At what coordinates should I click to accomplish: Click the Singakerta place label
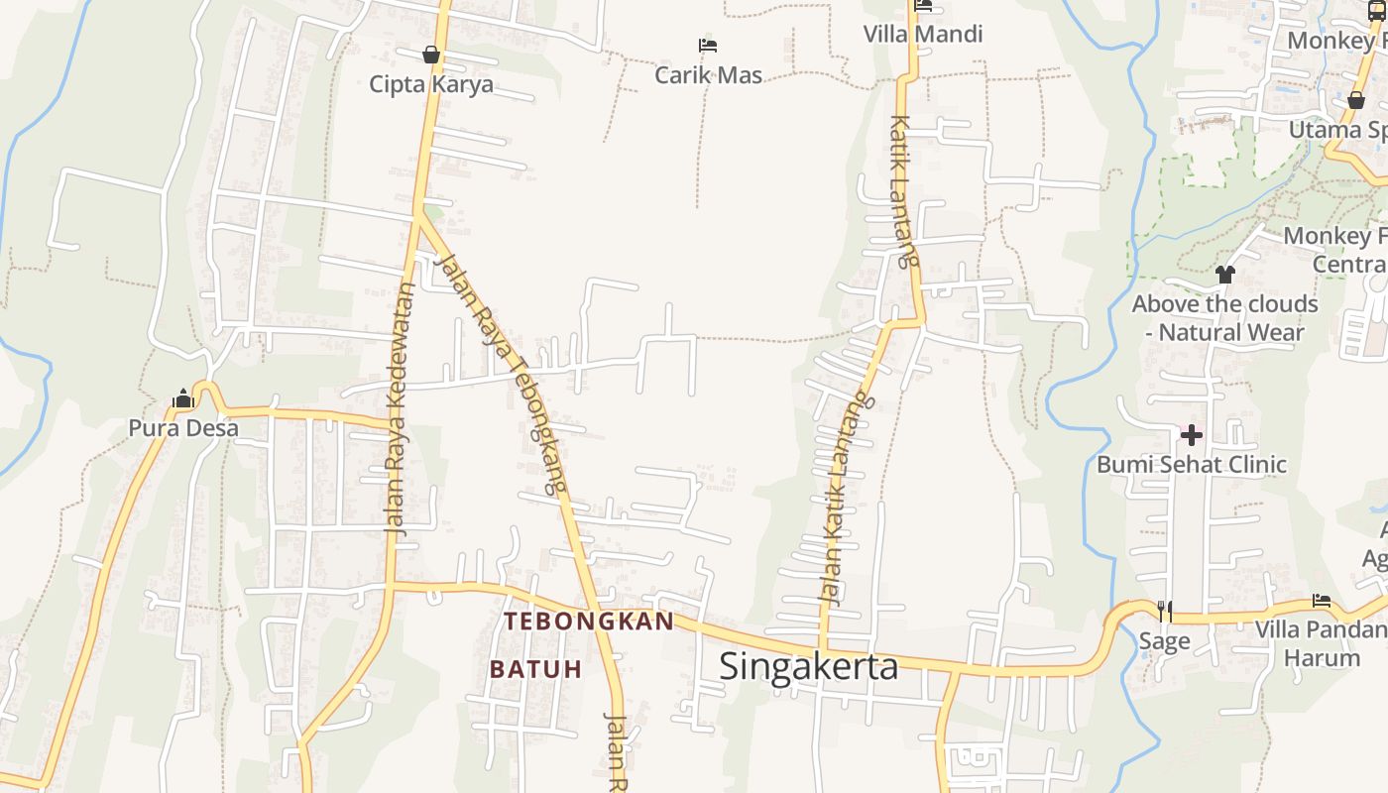808,666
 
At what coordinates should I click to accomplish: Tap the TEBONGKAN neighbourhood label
589,622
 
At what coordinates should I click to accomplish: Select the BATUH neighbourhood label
535,669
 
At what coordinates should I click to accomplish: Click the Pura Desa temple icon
182,399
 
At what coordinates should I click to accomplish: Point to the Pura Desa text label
183,428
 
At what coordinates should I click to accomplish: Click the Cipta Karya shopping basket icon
431,55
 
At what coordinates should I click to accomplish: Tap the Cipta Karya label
431,84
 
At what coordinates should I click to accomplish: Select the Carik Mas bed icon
708,46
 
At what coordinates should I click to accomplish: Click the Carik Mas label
709,75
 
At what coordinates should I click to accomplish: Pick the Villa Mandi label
923,35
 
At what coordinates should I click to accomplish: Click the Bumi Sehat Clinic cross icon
1191,434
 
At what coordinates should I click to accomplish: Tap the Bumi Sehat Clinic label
1192,464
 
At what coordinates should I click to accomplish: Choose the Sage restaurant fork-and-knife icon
1165,611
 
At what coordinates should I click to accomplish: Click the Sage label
1164,641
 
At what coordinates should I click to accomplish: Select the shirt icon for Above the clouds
1225,274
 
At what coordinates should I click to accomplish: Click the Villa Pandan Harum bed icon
1322,600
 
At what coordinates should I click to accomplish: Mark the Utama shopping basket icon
1356,100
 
